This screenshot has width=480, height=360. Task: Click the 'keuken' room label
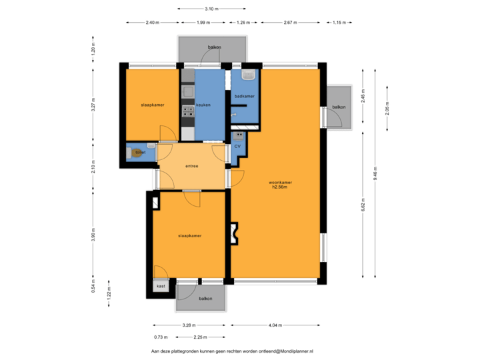[203, 105]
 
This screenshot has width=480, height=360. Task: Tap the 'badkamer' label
[244, 97]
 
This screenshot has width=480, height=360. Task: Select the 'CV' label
[237, 145]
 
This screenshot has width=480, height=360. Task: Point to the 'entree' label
[191, 166]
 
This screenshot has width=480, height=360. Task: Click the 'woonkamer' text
[280, 182]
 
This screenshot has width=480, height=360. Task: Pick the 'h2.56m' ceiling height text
[280, 187]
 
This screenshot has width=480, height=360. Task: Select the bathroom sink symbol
[249, 75]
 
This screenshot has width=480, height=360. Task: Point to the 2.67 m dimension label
[289, 23]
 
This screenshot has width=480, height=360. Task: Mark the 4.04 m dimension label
[275, 325]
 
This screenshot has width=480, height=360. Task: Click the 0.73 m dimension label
[160, 337]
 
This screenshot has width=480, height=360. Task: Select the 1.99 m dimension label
[203, 23]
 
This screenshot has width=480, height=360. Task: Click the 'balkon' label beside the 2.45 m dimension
[339, 107]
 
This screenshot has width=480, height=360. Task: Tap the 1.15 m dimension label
[340, 23]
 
